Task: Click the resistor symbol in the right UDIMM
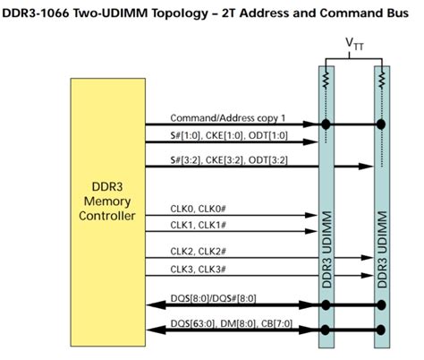(382, 83)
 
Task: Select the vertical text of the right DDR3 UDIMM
(382, 251)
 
